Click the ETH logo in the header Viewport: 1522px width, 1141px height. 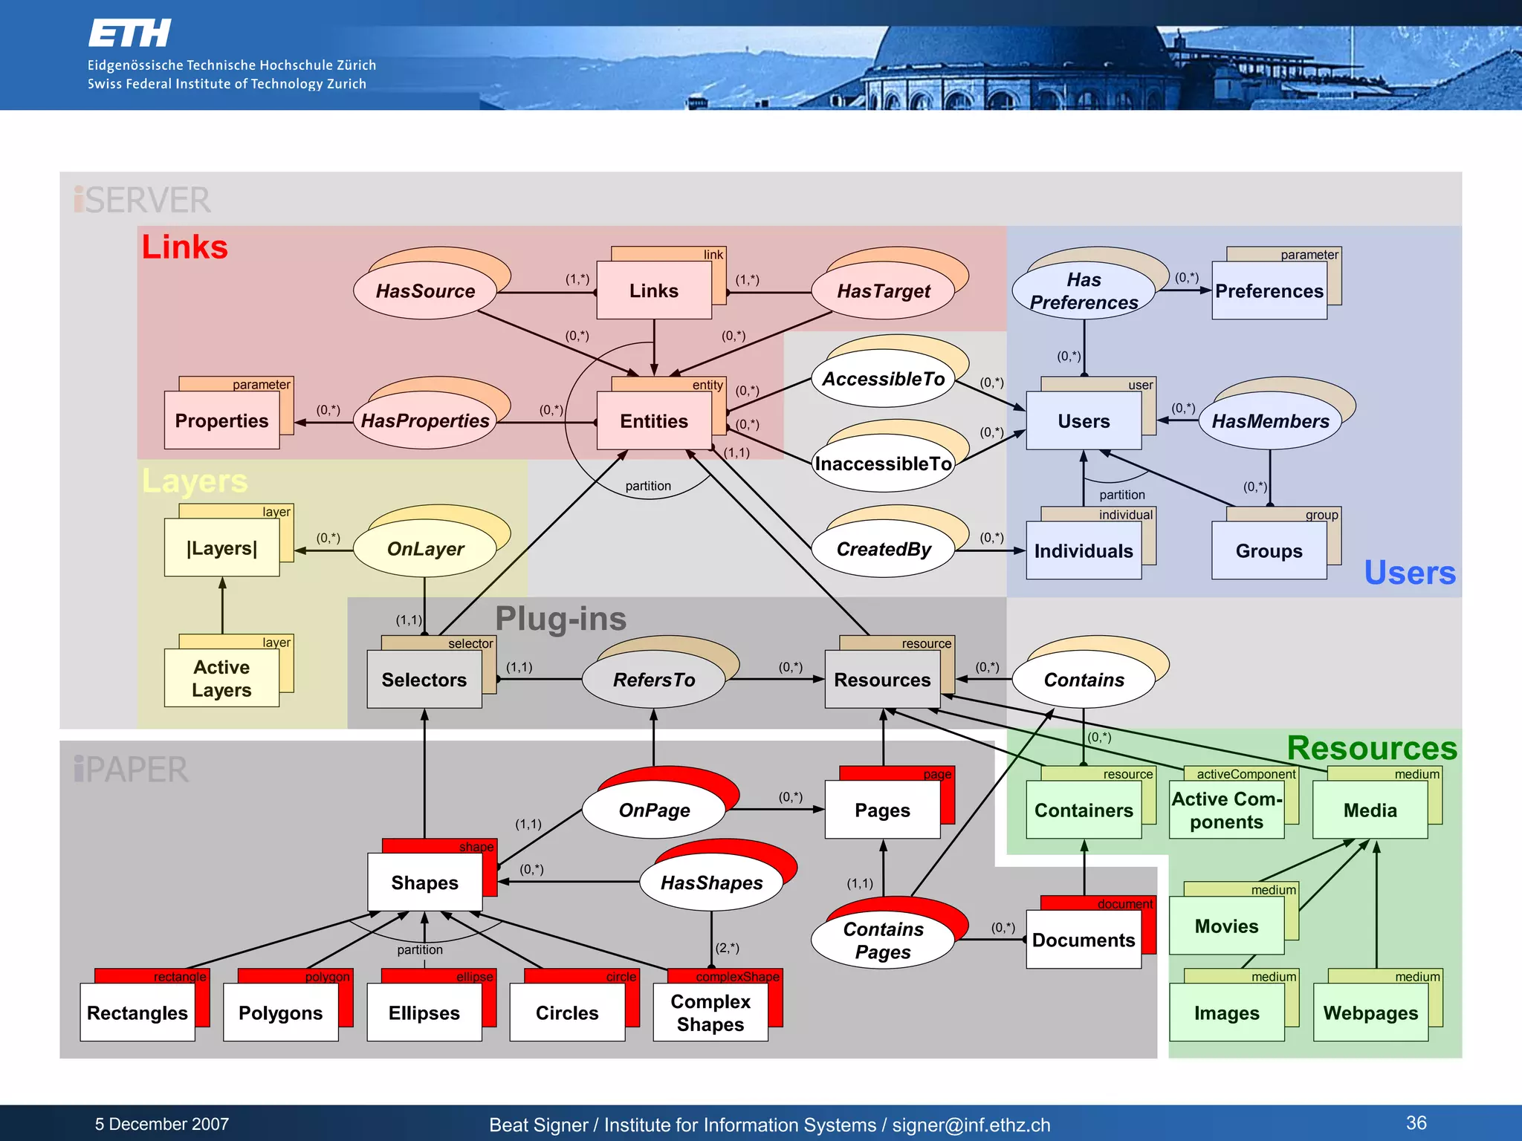[x=129, y=33]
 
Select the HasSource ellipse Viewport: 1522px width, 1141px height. [x=424, y=291]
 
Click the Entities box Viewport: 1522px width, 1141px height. [x=653, y=421]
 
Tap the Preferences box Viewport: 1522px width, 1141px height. [x=1269, y=291]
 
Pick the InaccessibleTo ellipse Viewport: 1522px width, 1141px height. [x=882, y=464]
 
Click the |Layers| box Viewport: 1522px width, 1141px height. [x=221, y=548]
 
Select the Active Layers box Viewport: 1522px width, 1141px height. [x=221, y=678]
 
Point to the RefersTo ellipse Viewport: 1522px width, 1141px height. [x=653, y=680]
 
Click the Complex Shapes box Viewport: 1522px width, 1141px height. [x=710, y=1012]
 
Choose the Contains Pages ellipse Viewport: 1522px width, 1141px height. [x=882, y=940]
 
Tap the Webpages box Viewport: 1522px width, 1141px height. [x=1370, y=1013]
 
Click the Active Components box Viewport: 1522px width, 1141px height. [x=1226, y=810]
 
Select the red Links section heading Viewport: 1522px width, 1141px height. [x=184, y=247]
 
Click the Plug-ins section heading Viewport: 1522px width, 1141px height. [x=560, y=619]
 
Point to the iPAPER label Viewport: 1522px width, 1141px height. [x=131, y=770]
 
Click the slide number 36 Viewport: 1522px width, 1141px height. [x=1416, y=1122]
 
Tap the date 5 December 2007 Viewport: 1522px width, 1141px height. [x=161, y=1124]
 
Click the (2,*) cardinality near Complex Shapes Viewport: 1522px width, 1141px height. [x=727, y=948]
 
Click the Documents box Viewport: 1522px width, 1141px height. [x=1083, y=940]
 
